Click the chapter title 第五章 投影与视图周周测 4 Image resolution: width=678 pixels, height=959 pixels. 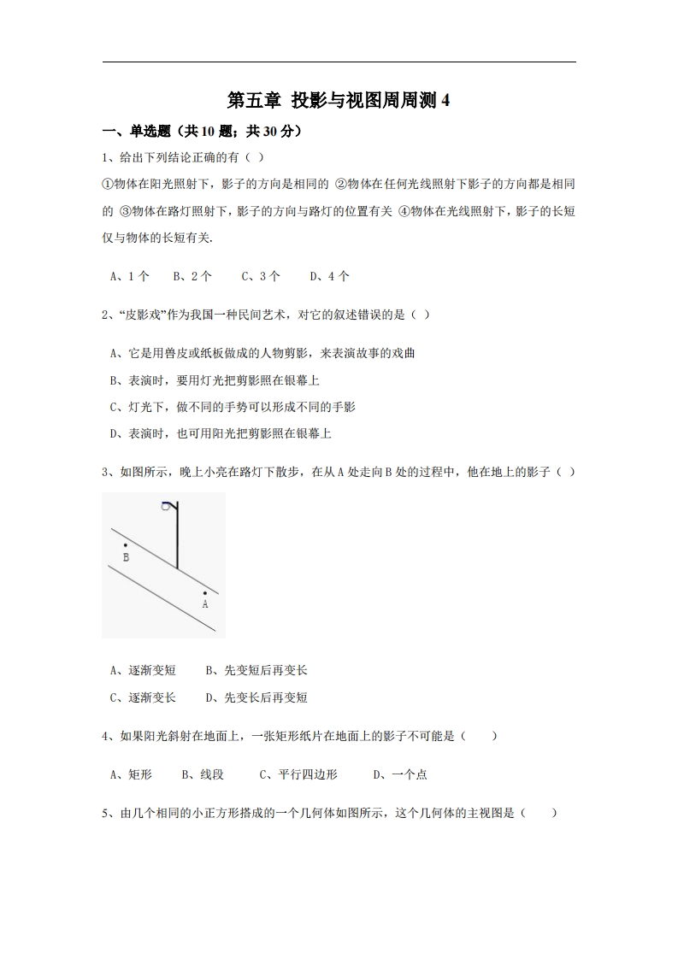point(339,101)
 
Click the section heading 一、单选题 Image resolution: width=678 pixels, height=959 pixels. point(127,132)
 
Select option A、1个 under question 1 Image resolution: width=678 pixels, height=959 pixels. point(130,276)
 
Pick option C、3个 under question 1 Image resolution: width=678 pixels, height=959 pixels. point(260,276)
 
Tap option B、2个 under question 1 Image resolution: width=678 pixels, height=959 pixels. point(192,276)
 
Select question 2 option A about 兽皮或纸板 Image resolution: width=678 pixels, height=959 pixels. point(262,353)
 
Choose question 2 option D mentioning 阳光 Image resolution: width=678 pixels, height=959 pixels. point(221,433)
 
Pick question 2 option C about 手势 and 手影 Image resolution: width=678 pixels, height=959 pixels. point(233,407)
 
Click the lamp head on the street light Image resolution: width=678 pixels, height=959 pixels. point(167,506)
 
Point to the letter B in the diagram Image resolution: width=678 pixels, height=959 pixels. point(126,557)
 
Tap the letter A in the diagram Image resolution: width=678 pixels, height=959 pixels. point(205,603)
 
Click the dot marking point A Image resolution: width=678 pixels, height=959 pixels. point(204,592)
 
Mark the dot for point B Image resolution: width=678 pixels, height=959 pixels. point(125,544)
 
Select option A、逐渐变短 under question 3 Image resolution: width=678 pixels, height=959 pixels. point(143,671)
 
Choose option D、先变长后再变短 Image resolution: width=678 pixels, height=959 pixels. point(256,697)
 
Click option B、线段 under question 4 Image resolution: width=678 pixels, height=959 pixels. point(203,774)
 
